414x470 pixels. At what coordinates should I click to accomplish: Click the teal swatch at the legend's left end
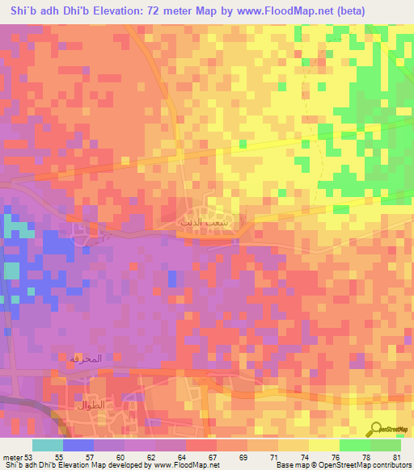pyautogui.click(x=48, y=445)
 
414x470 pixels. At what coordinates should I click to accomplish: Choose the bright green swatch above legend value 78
pyautogui.click(x=354, y=445)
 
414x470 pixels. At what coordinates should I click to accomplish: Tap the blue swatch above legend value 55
pyautogui.click(x=78, y=445)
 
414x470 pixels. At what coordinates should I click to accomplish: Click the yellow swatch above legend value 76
pyautogui.click(x=323, y=445)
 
